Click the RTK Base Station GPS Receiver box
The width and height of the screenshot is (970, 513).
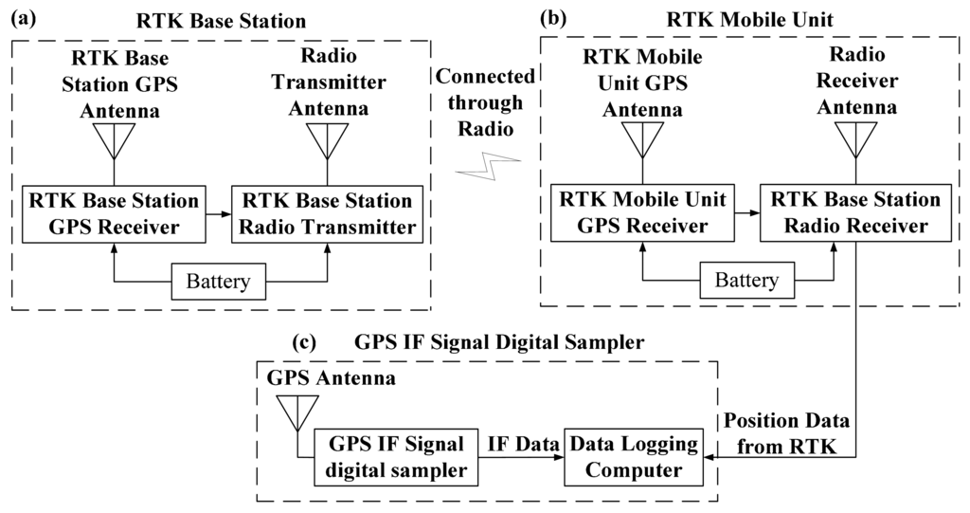click(114, 213)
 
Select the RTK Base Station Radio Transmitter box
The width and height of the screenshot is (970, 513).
click(328, 213)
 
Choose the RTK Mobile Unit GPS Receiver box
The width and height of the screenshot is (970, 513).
click(643, 212)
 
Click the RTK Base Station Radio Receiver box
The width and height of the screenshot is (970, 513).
click(856, 212)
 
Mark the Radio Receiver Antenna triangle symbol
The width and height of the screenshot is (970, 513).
click(856, 140)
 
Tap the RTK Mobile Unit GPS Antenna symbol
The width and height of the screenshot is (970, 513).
click(643, 140)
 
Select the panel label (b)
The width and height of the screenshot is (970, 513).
click(556, 17)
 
